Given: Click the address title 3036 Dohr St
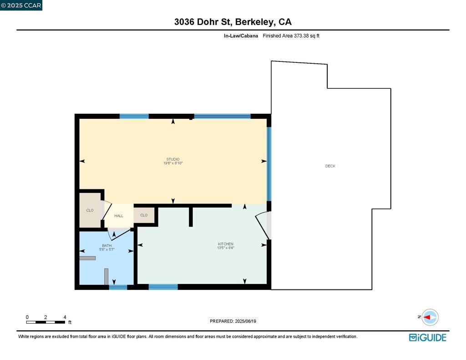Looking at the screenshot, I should [x=233, y=22].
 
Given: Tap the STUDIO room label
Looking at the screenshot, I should [x=173, y=159].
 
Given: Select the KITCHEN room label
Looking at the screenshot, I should [x=225, y=244].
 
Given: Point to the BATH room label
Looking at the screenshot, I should [x=106, y=245].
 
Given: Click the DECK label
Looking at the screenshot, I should [x=330, y=166].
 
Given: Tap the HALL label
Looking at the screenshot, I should [x=118, y=216].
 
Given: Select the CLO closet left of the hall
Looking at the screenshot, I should [x=90, y=210].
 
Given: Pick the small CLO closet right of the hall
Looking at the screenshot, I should [x=144, y=215].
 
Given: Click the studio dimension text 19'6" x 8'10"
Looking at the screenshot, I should [x=173, y=163].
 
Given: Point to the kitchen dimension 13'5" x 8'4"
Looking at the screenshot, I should [x=225, y=248].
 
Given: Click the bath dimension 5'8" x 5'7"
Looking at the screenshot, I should [x=106, y=249].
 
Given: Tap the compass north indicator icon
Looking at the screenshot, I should [x=429, y=317].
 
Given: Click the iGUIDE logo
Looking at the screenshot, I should [x=427, y=337].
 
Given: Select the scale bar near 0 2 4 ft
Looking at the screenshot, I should [x=46, y=322].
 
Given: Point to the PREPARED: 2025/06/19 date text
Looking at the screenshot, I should [x=233, y=321].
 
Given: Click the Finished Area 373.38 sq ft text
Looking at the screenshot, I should [x=291, y=35].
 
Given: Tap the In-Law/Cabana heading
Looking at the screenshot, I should [x=241, y=35].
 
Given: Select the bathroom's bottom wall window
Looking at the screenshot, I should [x=118, y=287].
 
